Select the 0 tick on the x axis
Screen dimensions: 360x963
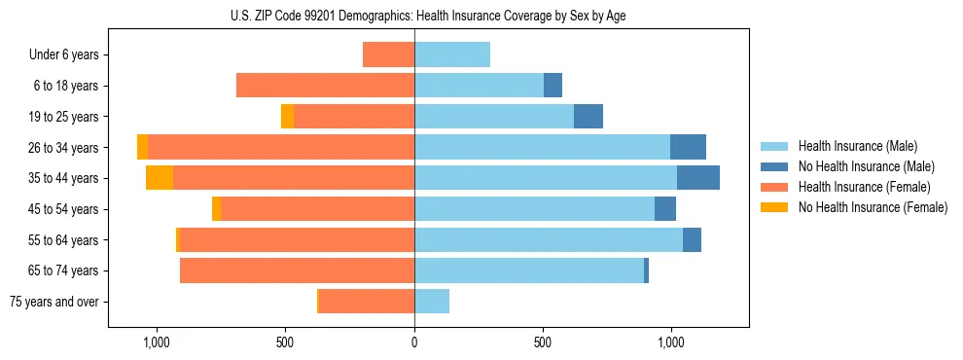(414, 342)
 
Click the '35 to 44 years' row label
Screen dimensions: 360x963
(63, 178)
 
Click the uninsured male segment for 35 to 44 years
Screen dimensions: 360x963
(698, 178)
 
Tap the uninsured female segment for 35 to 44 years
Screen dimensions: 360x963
(160, 178)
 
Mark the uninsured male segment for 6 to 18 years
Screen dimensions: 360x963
(553, 86)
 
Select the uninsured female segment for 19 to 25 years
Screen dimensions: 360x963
(287, 117)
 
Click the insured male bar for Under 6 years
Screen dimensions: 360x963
(452, 54)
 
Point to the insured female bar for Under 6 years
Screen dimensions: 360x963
(388, 54)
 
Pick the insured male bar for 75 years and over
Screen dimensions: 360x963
(432, 302)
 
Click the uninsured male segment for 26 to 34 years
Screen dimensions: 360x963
(688, 147)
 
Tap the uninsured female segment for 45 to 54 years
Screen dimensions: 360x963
(216, 209)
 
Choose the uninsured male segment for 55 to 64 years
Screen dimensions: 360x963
(692, 240)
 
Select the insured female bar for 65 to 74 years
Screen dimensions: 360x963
(297, 270)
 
